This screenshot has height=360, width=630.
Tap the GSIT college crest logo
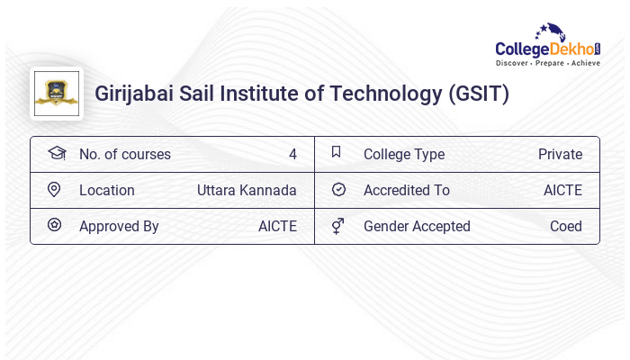(x=56, y=94)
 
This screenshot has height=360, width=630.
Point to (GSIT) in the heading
(x=479, y=94)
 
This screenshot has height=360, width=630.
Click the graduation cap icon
(x=56, y=153)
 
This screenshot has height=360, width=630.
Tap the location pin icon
(x=54, y=190)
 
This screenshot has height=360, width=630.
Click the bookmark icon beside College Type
(x=336, y=153)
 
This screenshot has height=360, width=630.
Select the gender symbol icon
(x=337, y=226)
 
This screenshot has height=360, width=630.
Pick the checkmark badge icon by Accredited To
(x=338, y=190)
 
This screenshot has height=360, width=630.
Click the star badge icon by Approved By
(x=54, y=226)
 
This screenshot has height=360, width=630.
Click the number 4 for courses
(x=292, y=154)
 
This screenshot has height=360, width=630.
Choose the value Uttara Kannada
(x=247, y=190)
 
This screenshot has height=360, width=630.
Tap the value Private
(x=560, y=154)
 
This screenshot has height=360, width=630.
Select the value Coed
(x=566, y=226)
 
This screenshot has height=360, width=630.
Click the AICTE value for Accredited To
(x=562, y=190)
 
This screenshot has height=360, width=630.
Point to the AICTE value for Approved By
(x=277, y=226)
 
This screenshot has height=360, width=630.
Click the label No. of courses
(x=125, y=154)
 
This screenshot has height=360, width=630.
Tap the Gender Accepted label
(x=417, y=226)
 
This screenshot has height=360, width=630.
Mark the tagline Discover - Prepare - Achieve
(x=548, y=63)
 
